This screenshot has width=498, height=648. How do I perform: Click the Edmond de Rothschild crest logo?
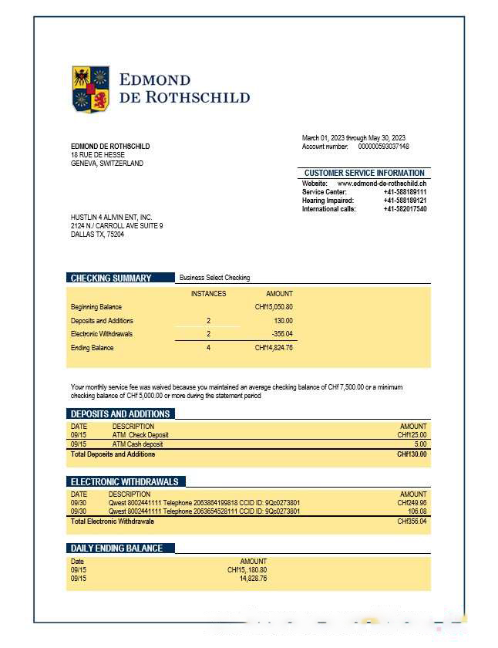(x=91, y=89)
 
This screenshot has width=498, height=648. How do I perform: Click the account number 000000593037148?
(x=383, y=147)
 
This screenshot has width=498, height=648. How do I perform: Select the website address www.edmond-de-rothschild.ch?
(x=382, y=183)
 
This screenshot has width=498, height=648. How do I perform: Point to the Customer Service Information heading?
(x=364, y=173)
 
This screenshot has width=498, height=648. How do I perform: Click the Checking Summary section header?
(x=111, y=278)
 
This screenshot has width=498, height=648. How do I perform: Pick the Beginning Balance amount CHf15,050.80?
(x=274, y=307)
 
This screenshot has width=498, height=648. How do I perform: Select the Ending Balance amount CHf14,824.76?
(x=274, y=348)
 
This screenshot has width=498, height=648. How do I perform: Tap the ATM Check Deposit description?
(x=140, y=435)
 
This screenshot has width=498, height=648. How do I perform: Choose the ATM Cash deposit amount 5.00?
(x=419, y=444)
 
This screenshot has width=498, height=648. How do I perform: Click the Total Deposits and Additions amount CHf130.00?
(x=412, y=454)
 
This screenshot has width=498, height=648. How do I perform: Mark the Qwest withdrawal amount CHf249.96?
(x=412, y=503)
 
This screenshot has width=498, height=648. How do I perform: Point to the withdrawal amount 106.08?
(x=416, y=511)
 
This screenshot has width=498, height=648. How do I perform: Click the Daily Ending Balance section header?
(x=116, y=548)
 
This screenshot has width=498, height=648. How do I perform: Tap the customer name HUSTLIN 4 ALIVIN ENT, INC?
(x=112, y=218)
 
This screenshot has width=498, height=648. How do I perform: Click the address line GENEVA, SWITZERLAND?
(x=106, y=164)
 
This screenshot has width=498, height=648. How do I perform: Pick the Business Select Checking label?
(x=214, y=278)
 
